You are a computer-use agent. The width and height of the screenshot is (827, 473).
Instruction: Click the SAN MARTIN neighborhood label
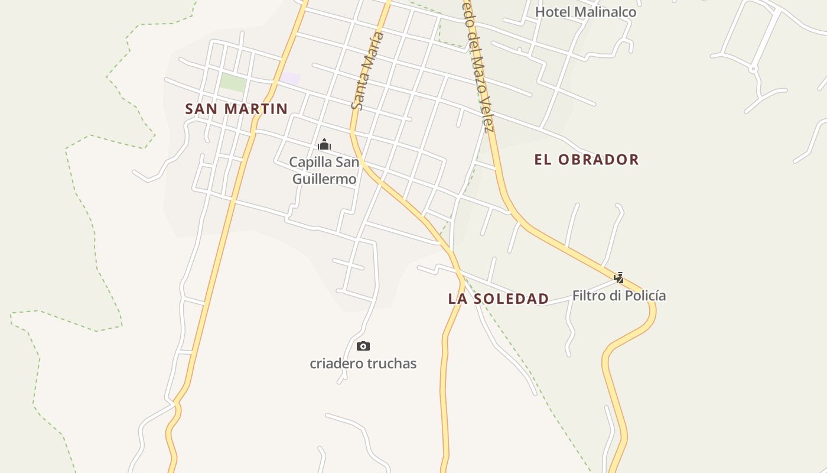tap(236, 109)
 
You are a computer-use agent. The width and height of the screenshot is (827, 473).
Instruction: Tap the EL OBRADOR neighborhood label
tap(587, 160)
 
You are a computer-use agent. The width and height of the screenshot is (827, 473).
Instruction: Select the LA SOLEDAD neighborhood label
tap(499, 299)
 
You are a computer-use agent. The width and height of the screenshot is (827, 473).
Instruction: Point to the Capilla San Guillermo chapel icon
tap(324, 144)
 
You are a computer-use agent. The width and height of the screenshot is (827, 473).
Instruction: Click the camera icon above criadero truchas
tap(363, 346)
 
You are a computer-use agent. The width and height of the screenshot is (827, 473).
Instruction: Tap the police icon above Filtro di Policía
tap(619, 277)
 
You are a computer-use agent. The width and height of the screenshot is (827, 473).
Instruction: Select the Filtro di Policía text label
tap(619, 296)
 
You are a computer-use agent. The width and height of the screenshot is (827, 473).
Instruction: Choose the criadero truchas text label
tap(363, 364)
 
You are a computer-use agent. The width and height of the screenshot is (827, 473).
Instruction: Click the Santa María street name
tap(367, 71)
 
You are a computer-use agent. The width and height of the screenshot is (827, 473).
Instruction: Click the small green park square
tap(232, 83)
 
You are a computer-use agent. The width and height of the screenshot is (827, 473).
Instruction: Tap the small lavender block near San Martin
tap(290, 79)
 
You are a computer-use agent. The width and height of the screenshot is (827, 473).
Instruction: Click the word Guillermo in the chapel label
tap(325, 179)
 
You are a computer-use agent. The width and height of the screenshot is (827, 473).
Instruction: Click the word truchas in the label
tap(394, 364)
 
